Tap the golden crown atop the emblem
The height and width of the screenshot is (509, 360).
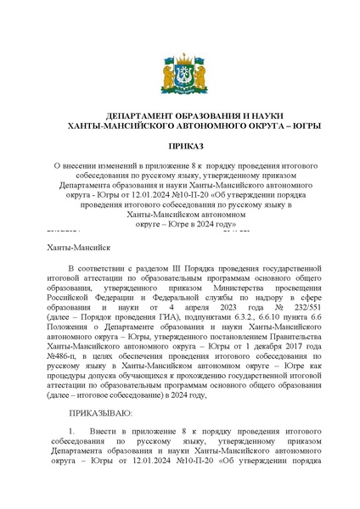[x=179, y=62]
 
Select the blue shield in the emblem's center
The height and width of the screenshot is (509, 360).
[x=179, y=81]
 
